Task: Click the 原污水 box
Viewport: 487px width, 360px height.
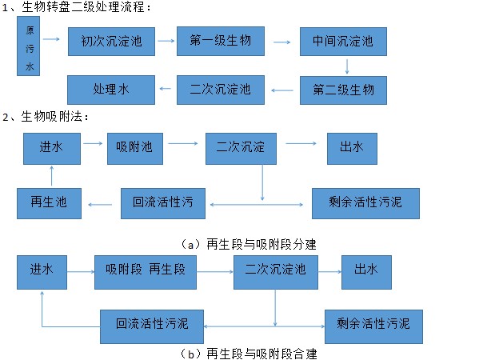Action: click(30, 46)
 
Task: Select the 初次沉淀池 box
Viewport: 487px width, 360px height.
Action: click(111, 42)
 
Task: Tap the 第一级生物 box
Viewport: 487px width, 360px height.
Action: click(220, 41)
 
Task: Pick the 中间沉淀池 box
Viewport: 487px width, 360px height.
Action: click(337, 41)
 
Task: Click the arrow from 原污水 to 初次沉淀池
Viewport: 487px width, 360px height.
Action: click(50, 38)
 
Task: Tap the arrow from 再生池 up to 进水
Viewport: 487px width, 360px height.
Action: click(50, 176)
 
